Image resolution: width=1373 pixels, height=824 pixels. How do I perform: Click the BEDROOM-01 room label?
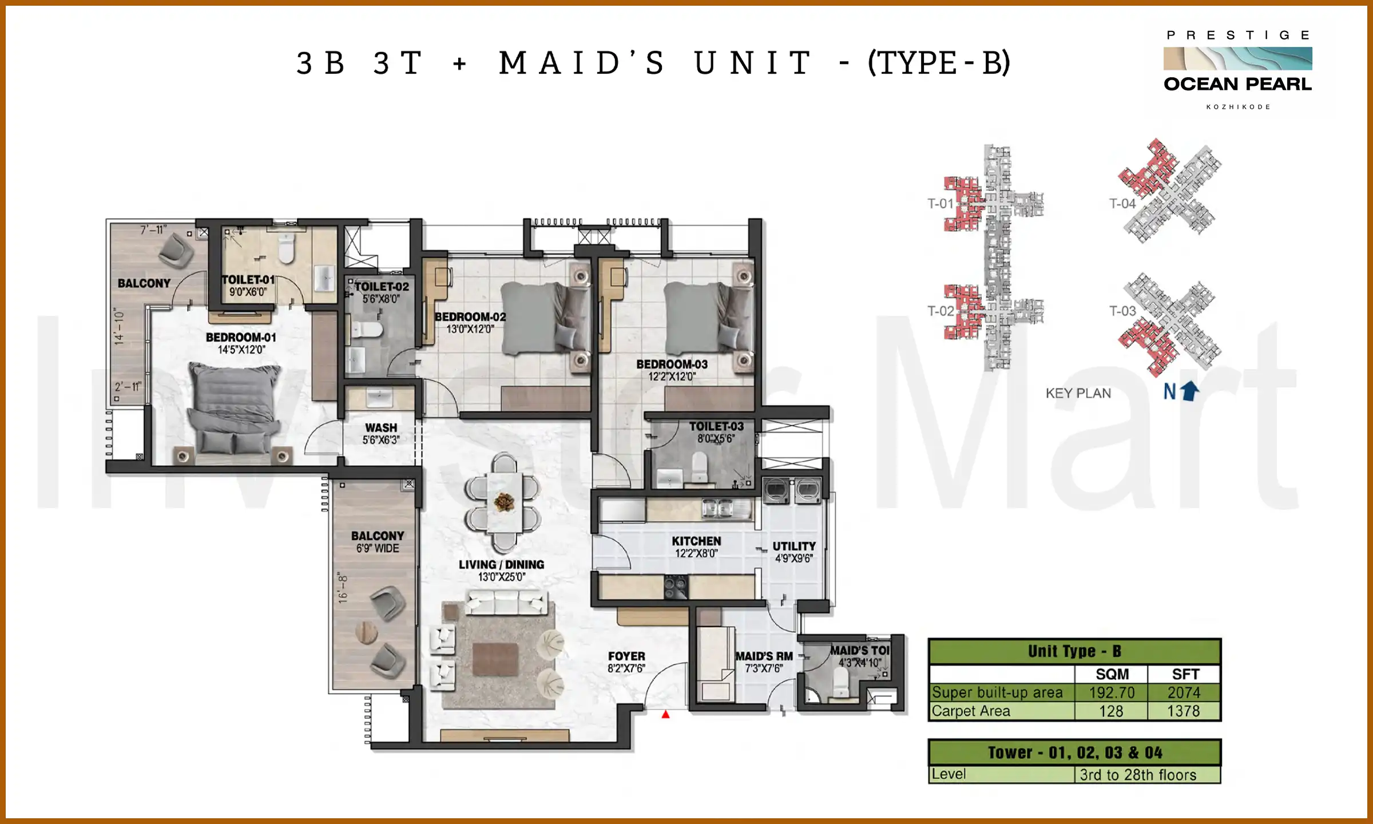click(x=241, y=338)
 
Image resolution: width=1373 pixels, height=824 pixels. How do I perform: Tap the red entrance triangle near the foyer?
click(x=665, y=714)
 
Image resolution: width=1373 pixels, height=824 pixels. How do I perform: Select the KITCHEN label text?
click(x=696, y=541)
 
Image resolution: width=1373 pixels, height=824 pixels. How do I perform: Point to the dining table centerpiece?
click(x=504, y=502)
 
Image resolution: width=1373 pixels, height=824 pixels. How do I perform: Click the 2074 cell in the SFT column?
click(x=1184, y=692)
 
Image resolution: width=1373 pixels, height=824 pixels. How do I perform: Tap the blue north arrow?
click(x=1190, y=391)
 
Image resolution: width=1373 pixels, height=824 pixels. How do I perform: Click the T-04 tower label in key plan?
click(x=1122, y=204)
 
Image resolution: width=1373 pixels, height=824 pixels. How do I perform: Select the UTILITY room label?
click(x=794, y=546)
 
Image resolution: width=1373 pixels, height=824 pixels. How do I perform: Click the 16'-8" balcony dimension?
click(x=343, y=588)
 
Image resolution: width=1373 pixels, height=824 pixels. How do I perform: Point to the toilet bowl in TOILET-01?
click(x=286, y=248)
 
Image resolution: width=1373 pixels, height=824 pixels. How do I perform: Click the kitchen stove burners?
click(x=676, y=587)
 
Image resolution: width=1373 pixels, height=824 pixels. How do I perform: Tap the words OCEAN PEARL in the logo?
click(x=1237, y=84)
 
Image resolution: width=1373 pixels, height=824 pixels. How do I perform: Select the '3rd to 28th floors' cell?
click(x=1138, y=775)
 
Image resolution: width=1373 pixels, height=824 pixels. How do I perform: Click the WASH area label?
click(x=381, y=428)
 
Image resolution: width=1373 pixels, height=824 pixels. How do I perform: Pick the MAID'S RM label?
click(x=764, y=656)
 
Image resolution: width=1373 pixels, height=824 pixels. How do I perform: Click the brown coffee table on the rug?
click(x=495, y=659)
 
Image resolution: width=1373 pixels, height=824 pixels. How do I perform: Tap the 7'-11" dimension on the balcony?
click(x=154, y=230)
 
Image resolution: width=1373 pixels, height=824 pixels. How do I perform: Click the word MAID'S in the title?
click(x=581, y=63)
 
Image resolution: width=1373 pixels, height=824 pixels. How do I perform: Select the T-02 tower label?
click(x=941, y=311)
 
